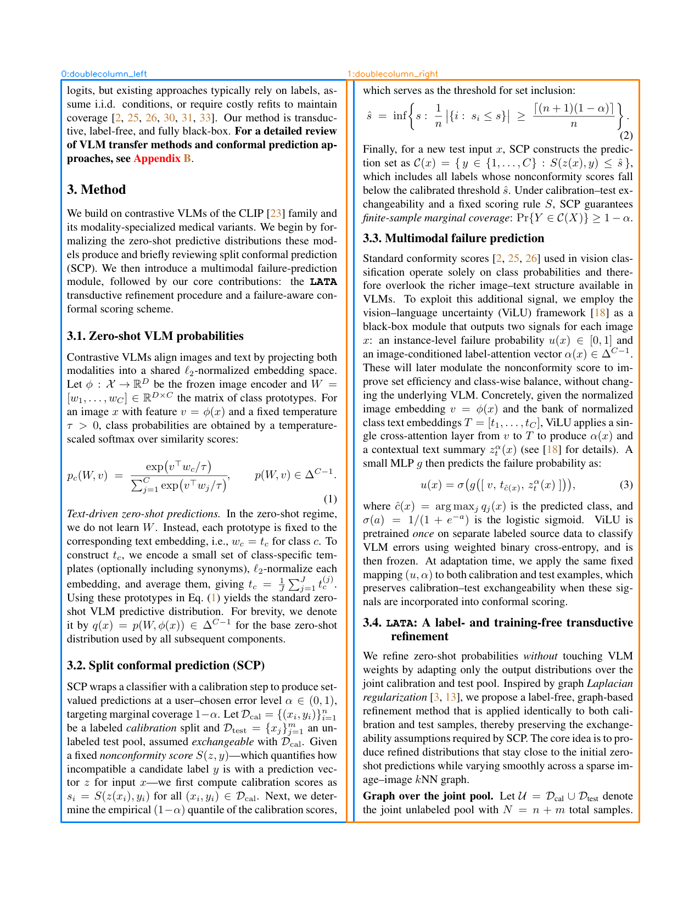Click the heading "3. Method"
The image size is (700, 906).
96,189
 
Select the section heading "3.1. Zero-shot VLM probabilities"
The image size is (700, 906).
155,336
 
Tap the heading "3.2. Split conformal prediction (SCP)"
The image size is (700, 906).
166,665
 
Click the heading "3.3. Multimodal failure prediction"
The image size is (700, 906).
453,238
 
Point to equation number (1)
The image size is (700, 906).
330,499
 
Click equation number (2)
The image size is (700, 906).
626,136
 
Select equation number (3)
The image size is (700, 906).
626,485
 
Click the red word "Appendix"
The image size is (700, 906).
156,159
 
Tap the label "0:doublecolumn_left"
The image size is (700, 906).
104,74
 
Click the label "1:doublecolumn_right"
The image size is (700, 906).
393,74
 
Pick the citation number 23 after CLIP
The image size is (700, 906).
276,214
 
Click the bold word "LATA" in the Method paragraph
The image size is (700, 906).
323,282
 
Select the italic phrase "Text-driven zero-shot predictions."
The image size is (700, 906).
144,514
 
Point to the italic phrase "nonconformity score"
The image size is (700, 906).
146,756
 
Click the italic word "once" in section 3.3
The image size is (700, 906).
423,534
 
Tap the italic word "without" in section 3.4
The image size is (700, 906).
540,656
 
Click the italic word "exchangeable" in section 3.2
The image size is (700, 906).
222,742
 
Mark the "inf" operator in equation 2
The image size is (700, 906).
400,116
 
